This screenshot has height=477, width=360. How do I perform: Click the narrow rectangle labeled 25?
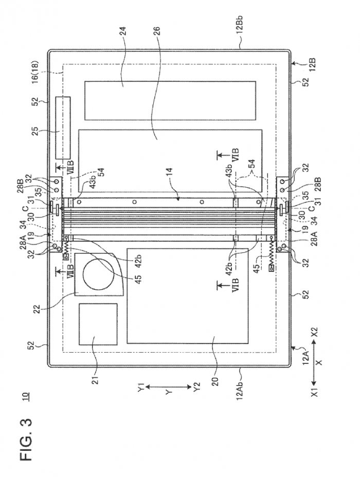[x=63, y=127]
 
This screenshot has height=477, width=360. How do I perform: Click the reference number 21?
[x=94, y=379]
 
